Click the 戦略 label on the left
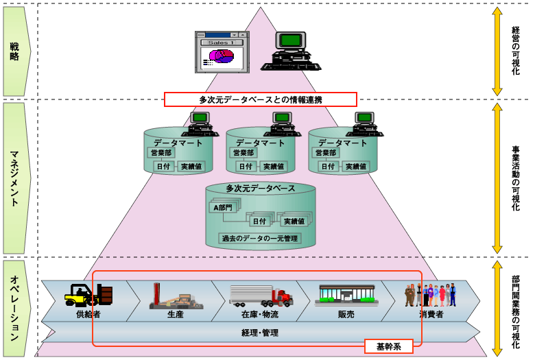(x=14, y=50)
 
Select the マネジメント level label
(x=14, y=178)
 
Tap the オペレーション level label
(x=14, y=307)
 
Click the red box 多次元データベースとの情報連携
(x=261, y=99)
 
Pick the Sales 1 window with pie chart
(x=221, y=51)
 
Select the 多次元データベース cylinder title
(x=261, y=188)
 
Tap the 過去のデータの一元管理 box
(x=261, y=239)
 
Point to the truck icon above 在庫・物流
(x=261, y=296)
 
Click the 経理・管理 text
(x=260, y=333)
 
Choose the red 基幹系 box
(x=388, y=346)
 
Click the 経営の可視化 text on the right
(x=516, y=51)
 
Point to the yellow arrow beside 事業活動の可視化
(x=497, y=178)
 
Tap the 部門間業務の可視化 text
(x=516, y=307)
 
